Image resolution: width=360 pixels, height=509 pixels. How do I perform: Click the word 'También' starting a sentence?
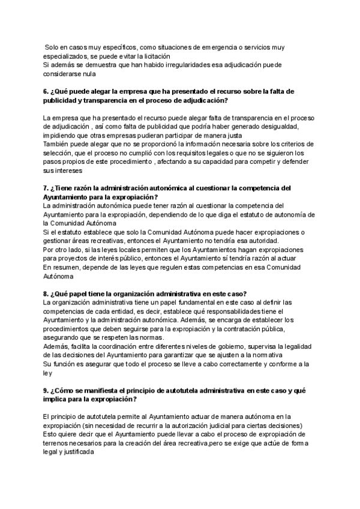coord(58,145)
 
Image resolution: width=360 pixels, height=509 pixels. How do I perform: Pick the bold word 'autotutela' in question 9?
coord(158,391)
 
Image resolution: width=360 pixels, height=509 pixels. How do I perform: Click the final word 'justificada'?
coord(77,453)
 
